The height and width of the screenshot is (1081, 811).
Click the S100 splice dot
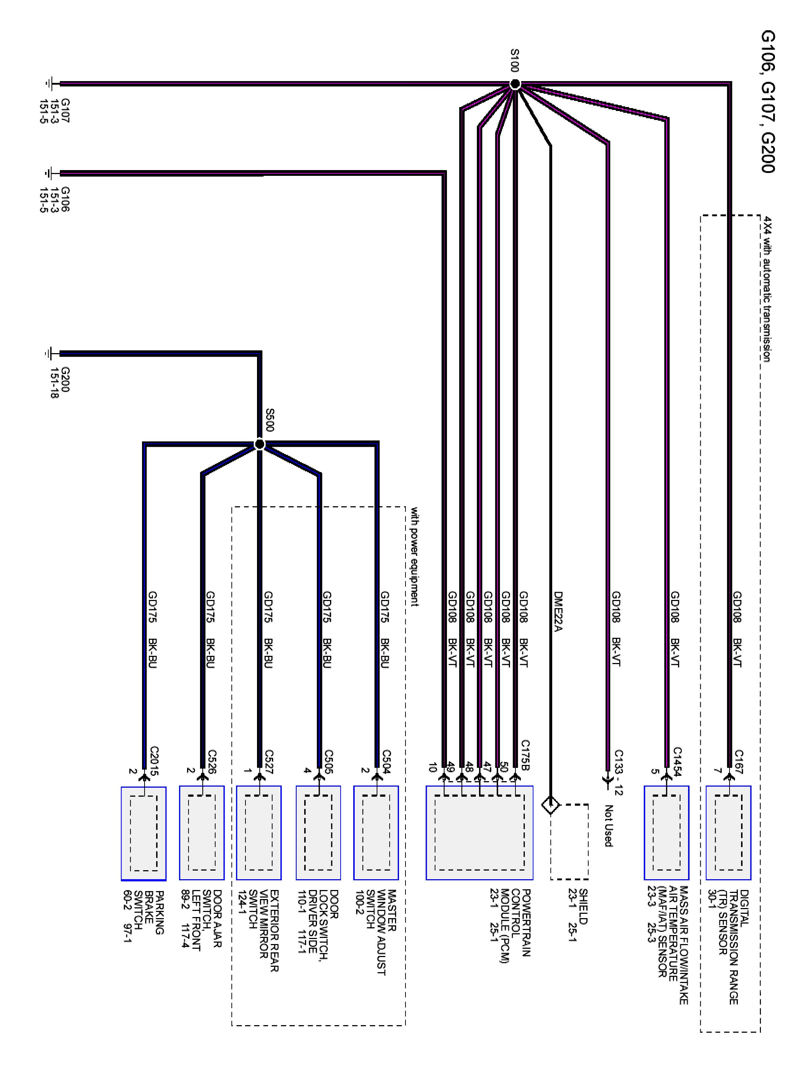514,84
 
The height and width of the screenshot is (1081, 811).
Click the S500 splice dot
260,444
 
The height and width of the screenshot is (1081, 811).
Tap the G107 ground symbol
50,84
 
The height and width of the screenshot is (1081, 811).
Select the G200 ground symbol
50,353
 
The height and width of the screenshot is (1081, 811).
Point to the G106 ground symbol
50,173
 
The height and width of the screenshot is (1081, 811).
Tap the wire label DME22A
558,611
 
